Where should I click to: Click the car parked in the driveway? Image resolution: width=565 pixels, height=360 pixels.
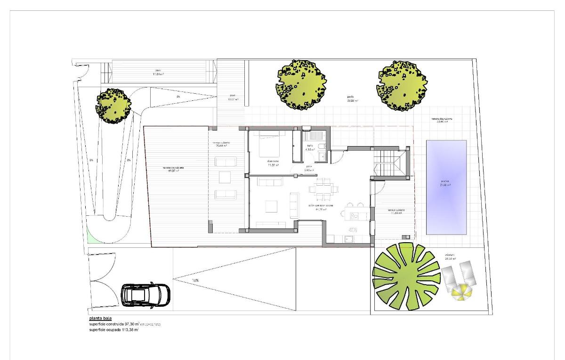pos(145,295)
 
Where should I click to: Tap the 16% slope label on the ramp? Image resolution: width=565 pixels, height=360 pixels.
pos(195,280)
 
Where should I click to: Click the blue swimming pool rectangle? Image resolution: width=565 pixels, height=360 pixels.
pos(446,187)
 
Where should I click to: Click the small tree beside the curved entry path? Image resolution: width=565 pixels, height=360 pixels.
pos(113,105)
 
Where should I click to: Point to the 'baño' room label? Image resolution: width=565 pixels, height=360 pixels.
pos(310,146)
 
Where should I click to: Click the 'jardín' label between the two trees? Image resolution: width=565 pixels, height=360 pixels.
pos(351,96)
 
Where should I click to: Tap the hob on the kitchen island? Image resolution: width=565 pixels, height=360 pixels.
pos(355,216)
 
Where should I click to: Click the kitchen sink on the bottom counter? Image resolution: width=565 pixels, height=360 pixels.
pos(348,238)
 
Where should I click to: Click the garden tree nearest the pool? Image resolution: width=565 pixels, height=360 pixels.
pos(402,85)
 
